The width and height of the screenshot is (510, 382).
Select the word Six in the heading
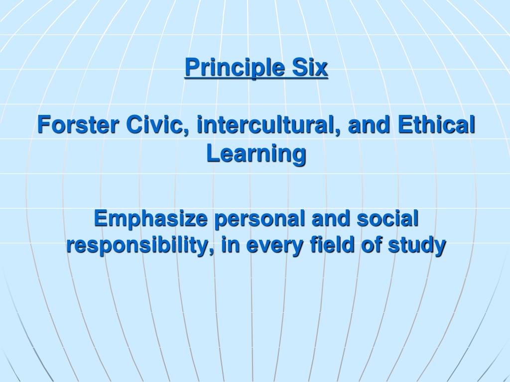click(x=310, y=67)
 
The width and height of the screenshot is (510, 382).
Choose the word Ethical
click(x=437, y=124)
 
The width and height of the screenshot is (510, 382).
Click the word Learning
click(x=256, y=154)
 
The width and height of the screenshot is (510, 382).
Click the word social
click(x=384, y=219)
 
